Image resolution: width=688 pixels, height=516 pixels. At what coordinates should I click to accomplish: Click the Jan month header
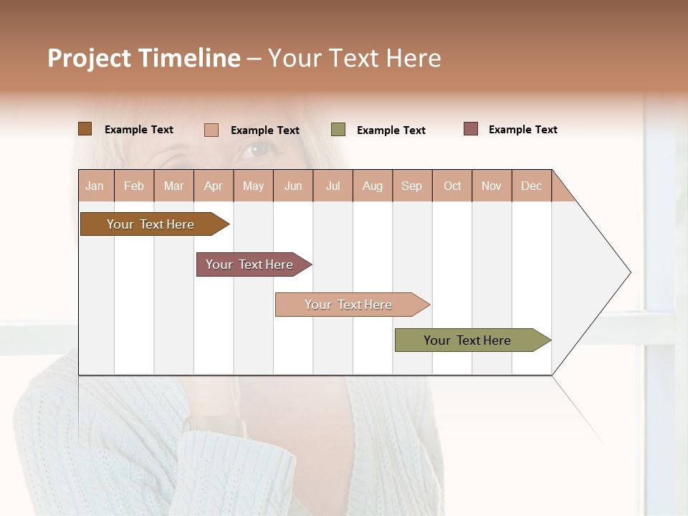pos(95,186)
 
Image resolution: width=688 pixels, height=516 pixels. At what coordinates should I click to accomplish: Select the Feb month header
pos(134,186)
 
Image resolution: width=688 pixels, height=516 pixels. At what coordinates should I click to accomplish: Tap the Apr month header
pos(214,186)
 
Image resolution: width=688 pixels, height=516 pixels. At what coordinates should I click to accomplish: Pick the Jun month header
pos(293,186)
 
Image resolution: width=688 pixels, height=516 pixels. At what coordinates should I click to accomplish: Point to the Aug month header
pos(373,186)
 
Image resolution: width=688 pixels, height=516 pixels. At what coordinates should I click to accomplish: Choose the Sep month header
pos(412,186)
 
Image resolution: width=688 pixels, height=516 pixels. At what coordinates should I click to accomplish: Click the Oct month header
pos(452,186)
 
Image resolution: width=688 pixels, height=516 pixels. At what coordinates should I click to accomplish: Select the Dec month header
pos(532,186)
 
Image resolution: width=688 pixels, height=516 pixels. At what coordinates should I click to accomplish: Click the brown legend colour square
pos(85,129)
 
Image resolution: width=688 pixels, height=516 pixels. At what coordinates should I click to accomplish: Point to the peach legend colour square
pos(211,130)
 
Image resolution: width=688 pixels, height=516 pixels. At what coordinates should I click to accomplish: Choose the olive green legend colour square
pos(338,130)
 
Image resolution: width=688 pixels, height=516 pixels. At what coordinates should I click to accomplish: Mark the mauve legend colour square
pos(471,129)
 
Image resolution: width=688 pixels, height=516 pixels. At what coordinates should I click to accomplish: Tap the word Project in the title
pos(89,58)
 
